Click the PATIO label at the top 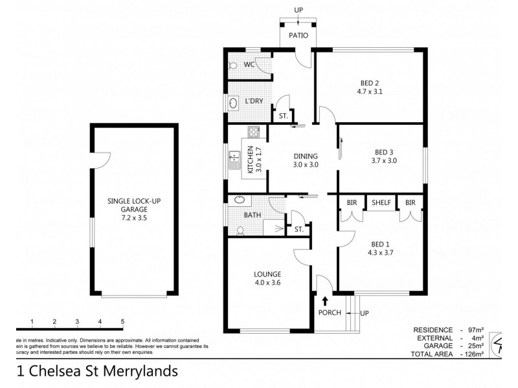pos(298,36)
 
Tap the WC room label pos(249,64)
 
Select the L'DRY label pos(253,101)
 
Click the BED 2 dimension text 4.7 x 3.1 pos(369,92)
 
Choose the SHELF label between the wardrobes pos(381,203)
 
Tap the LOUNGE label pos(267,273)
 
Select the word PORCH pos(329,313)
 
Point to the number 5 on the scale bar pos(122,321)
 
